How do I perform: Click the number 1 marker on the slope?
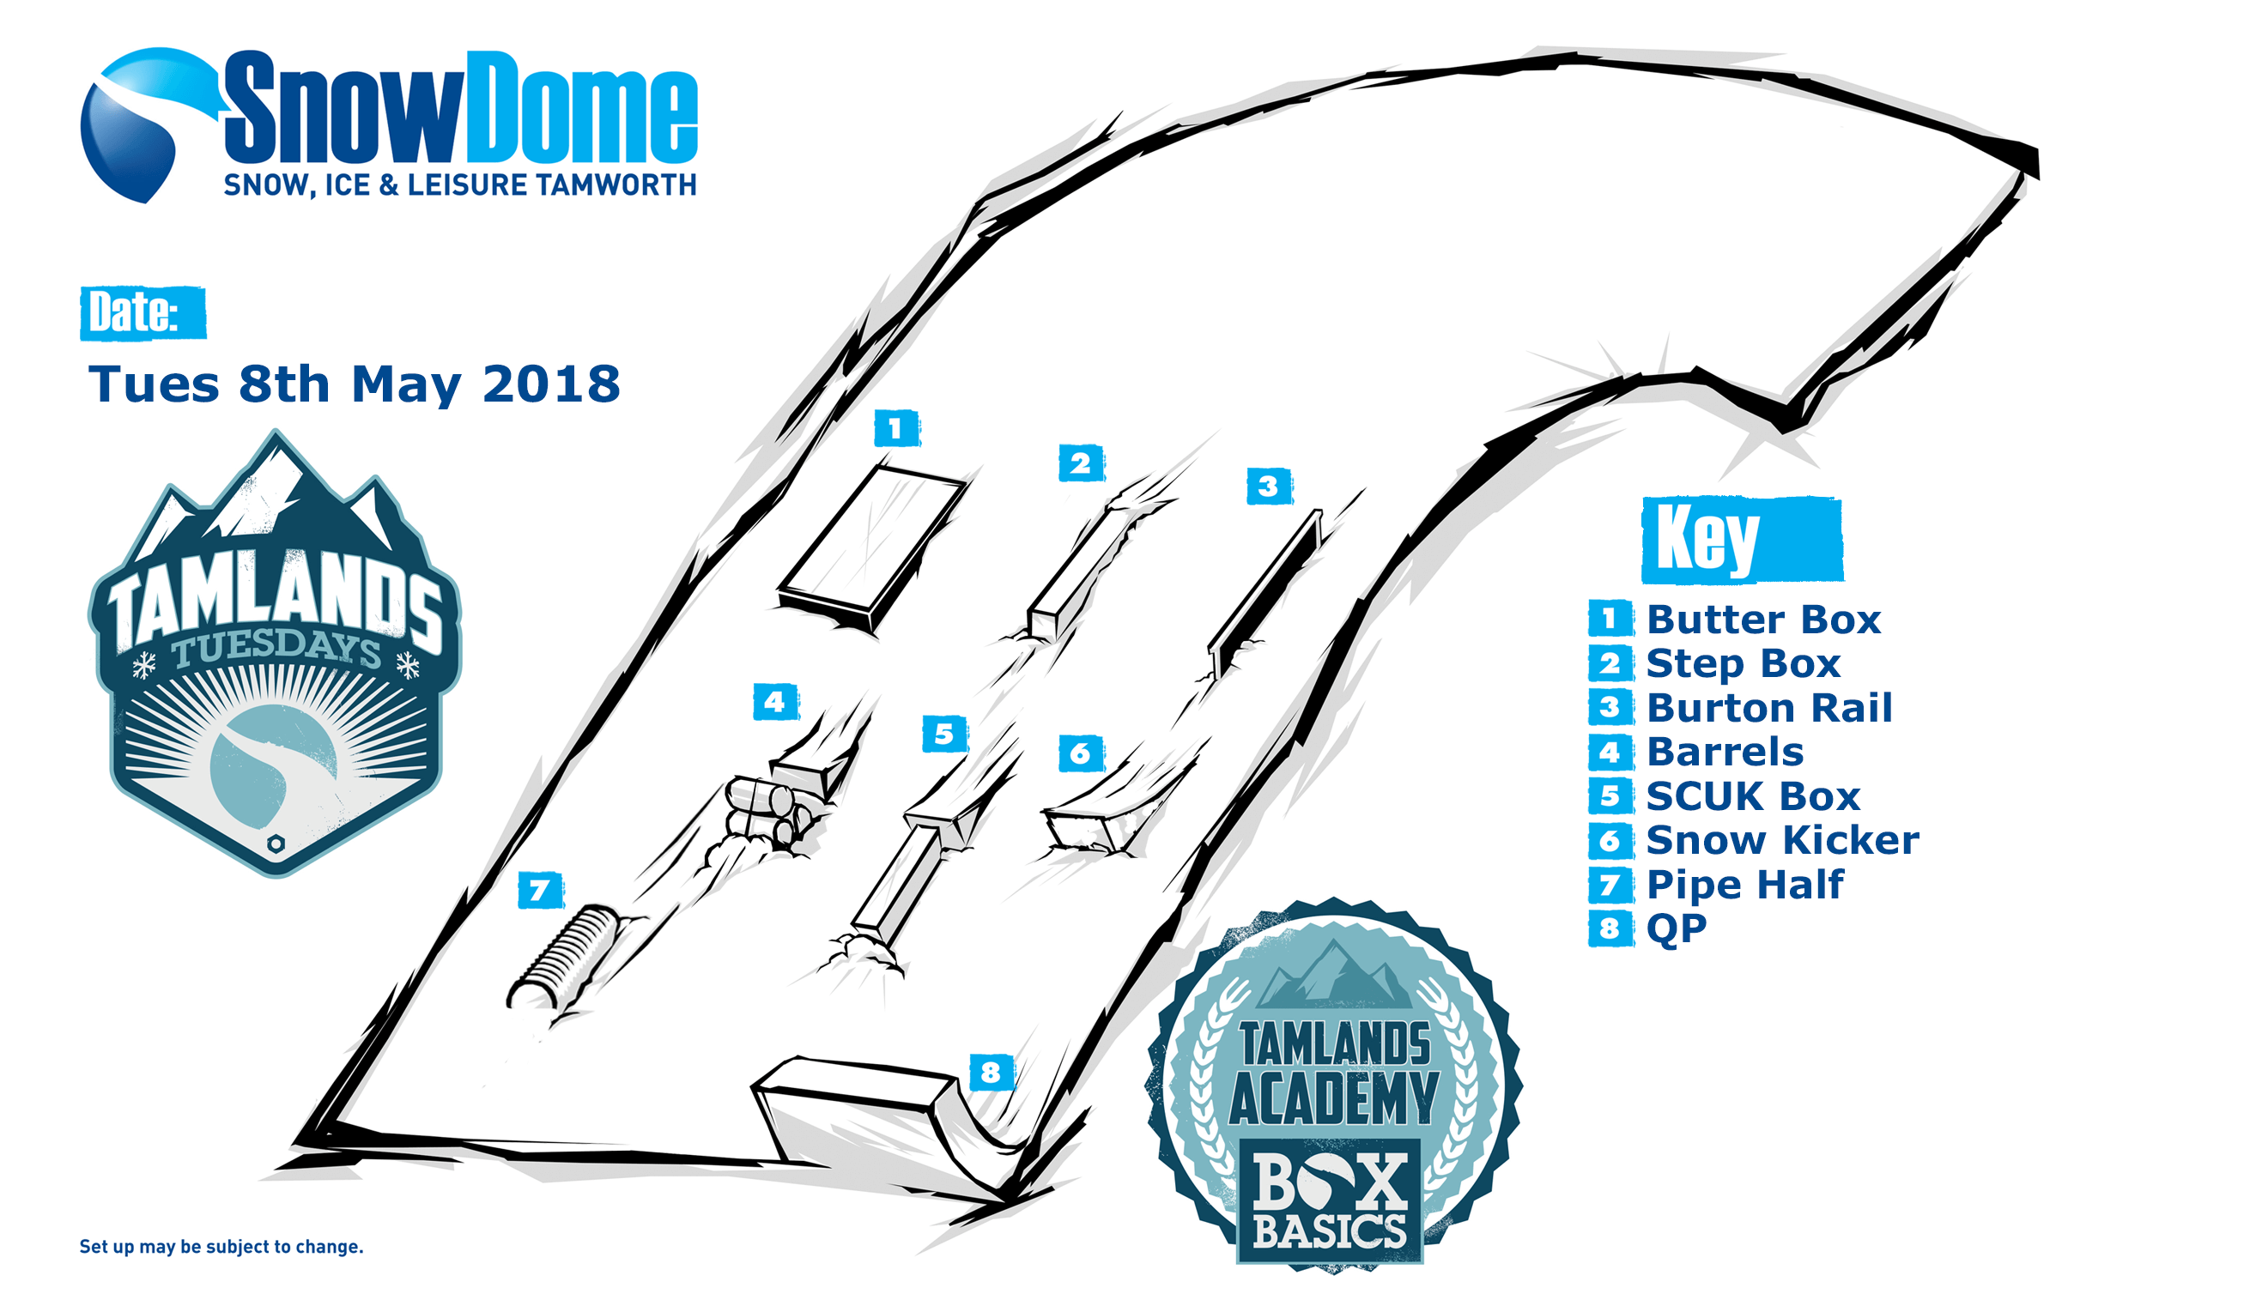point(896,428)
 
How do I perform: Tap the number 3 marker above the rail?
point(1268,487)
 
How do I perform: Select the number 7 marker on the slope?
point(540,890)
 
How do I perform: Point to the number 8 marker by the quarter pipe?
point(992,1072)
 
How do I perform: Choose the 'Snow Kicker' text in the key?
point(1782,840)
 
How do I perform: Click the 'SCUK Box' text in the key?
point(1752,796)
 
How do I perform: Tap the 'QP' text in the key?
point(1676,928)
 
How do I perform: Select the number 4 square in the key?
point(1610,752)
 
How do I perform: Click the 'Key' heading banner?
point(1742,539)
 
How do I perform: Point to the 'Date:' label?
point(143,312)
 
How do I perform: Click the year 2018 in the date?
point(550,384)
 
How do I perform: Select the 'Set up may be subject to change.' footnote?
point(221,1247)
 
